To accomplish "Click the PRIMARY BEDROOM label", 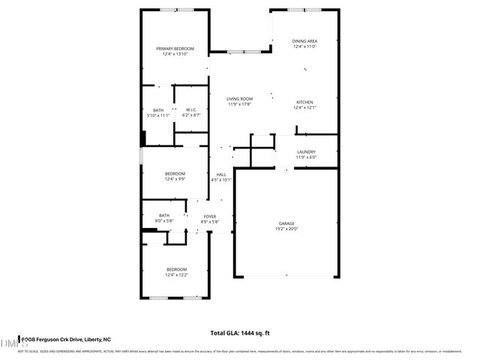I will click(x=174, y=49).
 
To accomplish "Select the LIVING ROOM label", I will click(x=240, y=98).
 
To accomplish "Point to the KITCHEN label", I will click(x=304, y=102).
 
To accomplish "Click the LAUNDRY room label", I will click(x=305, y=151).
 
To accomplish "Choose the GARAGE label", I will click(x=286, y=223).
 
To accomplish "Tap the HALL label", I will click(x=221, y=174).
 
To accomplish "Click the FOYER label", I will click(x=211, y=216).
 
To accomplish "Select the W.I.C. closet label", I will click(x=191, y=110).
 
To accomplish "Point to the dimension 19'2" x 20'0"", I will click(x=286, y=228).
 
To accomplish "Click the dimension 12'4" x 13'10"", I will click(x=174, y=54).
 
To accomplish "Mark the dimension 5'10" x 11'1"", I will click(x=158, y=115).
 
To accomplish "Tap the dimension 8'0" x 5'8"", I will click(x=164, y=221).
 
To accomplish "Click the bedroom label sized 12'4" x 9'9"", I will click(x=175, y=174).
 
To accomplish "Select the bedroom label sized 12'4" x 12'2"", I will click(x=176, y=269).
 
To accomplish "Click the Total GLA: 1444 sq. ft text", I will click(x=239, y=332).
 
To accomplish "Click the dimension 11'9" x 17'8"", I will click(x=240, y=104).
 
